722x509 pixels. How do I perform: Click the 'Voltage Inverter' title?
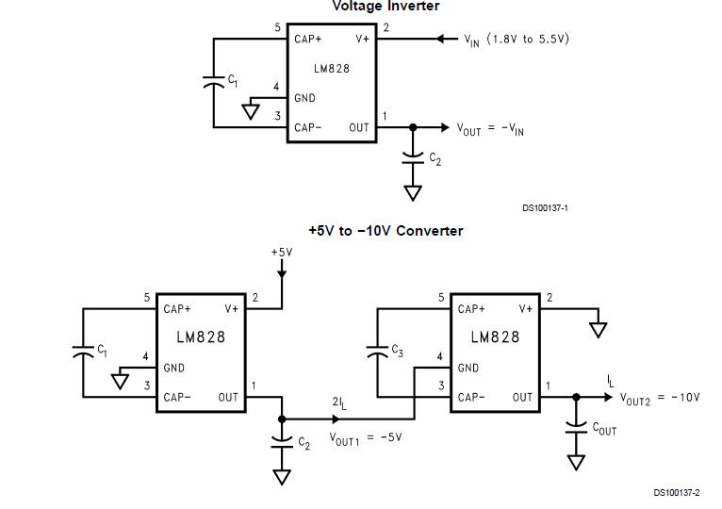[386, 7]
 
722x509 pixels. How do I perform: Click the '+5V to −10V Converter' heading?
[386, 231]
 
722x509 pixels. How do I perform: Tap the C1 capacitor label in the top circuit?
[233, 82]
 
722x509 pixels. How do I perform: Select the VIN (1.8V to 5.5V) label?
[517, 40]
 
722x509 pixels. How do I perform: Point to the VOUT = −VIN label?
[490, 129]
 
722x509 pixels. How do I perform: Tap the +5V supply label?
[281, 253]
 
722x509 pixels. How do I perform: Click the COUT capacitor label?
[604, 428]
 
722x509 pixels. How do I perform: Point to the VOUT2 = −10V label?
[660, 398]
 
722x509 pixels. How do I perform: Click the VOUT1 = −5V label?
[365, 438]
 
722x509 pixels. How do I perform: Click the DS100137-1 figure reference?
[545, 208]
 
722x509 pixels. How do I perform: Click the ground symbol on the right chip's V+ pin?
[598, 330]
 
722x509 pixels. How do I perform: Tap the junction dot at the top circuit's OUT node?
[412, 127]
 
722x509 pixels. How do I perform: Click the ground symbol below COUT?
[575, 462]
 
